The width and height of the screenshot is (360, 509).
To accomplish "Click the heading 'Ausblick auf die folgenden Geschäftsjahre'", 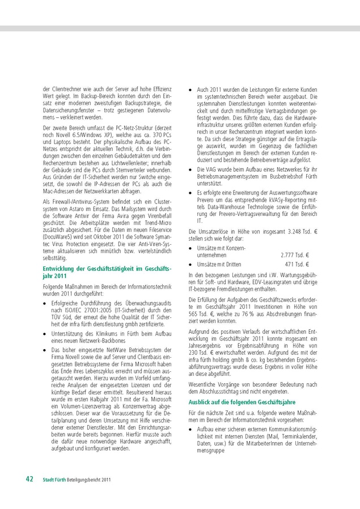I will click(x=238, y=401).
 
